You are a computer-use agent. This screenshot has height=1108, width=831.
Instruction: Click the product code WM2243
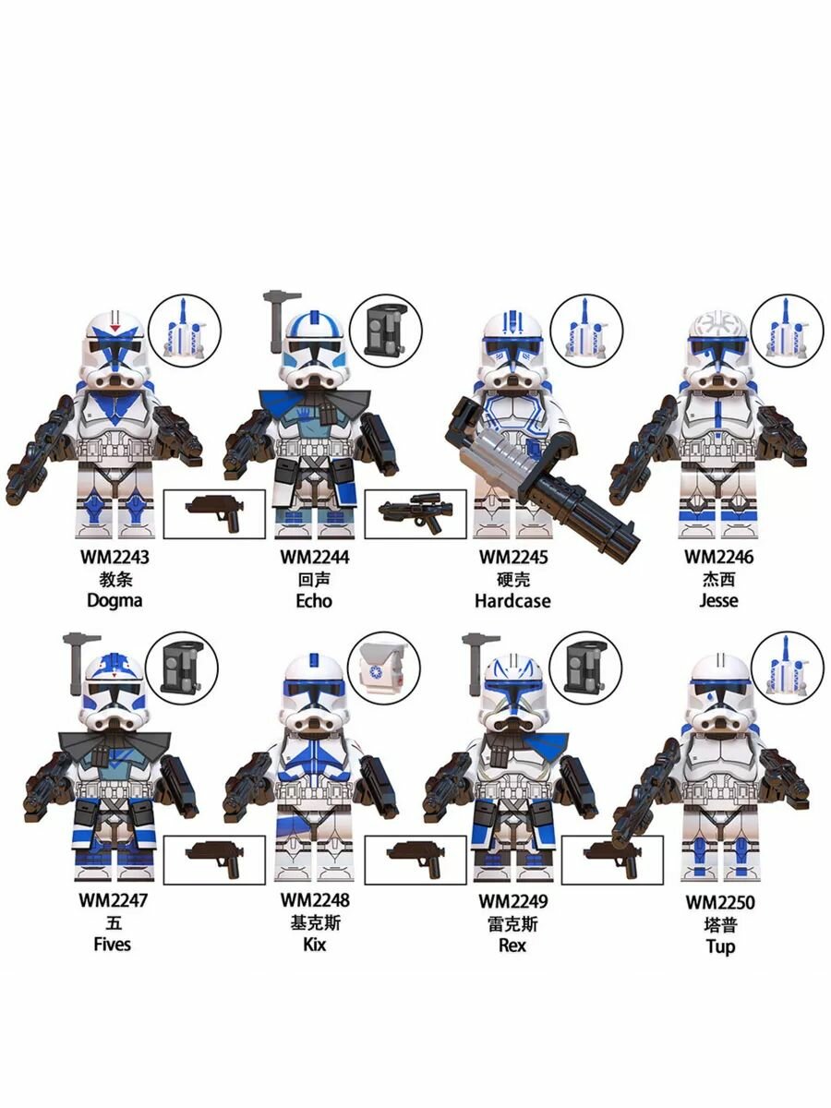tap(114, 557)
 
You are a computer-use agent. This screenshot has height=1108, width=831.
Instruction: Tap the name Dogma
tap(114, 600)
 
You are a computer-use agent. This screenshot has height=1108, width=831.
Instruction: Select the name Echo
tap(315, 600)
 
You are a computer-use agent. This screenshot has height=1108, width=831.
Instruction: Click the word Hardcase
tap(512, 600)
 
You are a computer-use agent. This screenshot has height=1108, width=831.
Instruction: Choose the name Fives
tap(112, 944)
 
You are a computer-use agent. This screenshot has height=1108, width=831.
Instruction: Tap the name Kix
tap(315, 944)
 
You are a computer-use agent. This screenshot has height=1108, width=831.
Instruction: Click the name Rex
tap(512, 944)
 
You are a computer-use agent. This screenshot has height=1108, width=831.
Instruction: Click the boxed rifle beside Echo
tap(415, 513)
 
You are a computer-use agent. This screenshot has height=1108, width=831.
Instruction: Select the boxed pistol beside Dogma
tap(214, 512)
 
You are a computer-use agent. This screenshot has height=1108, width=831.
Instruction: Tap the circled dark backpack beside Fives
tap(183, 668)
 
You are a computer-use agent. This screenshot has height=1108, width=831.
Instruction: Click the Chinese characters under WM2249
tap(512, 923)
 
